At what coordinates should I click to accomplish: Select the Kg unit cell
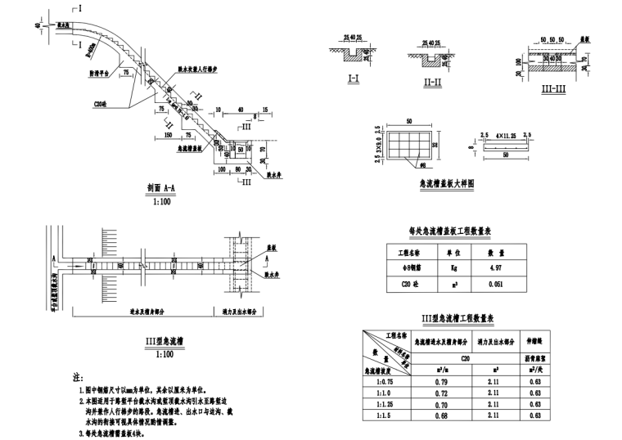[443, 267]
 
